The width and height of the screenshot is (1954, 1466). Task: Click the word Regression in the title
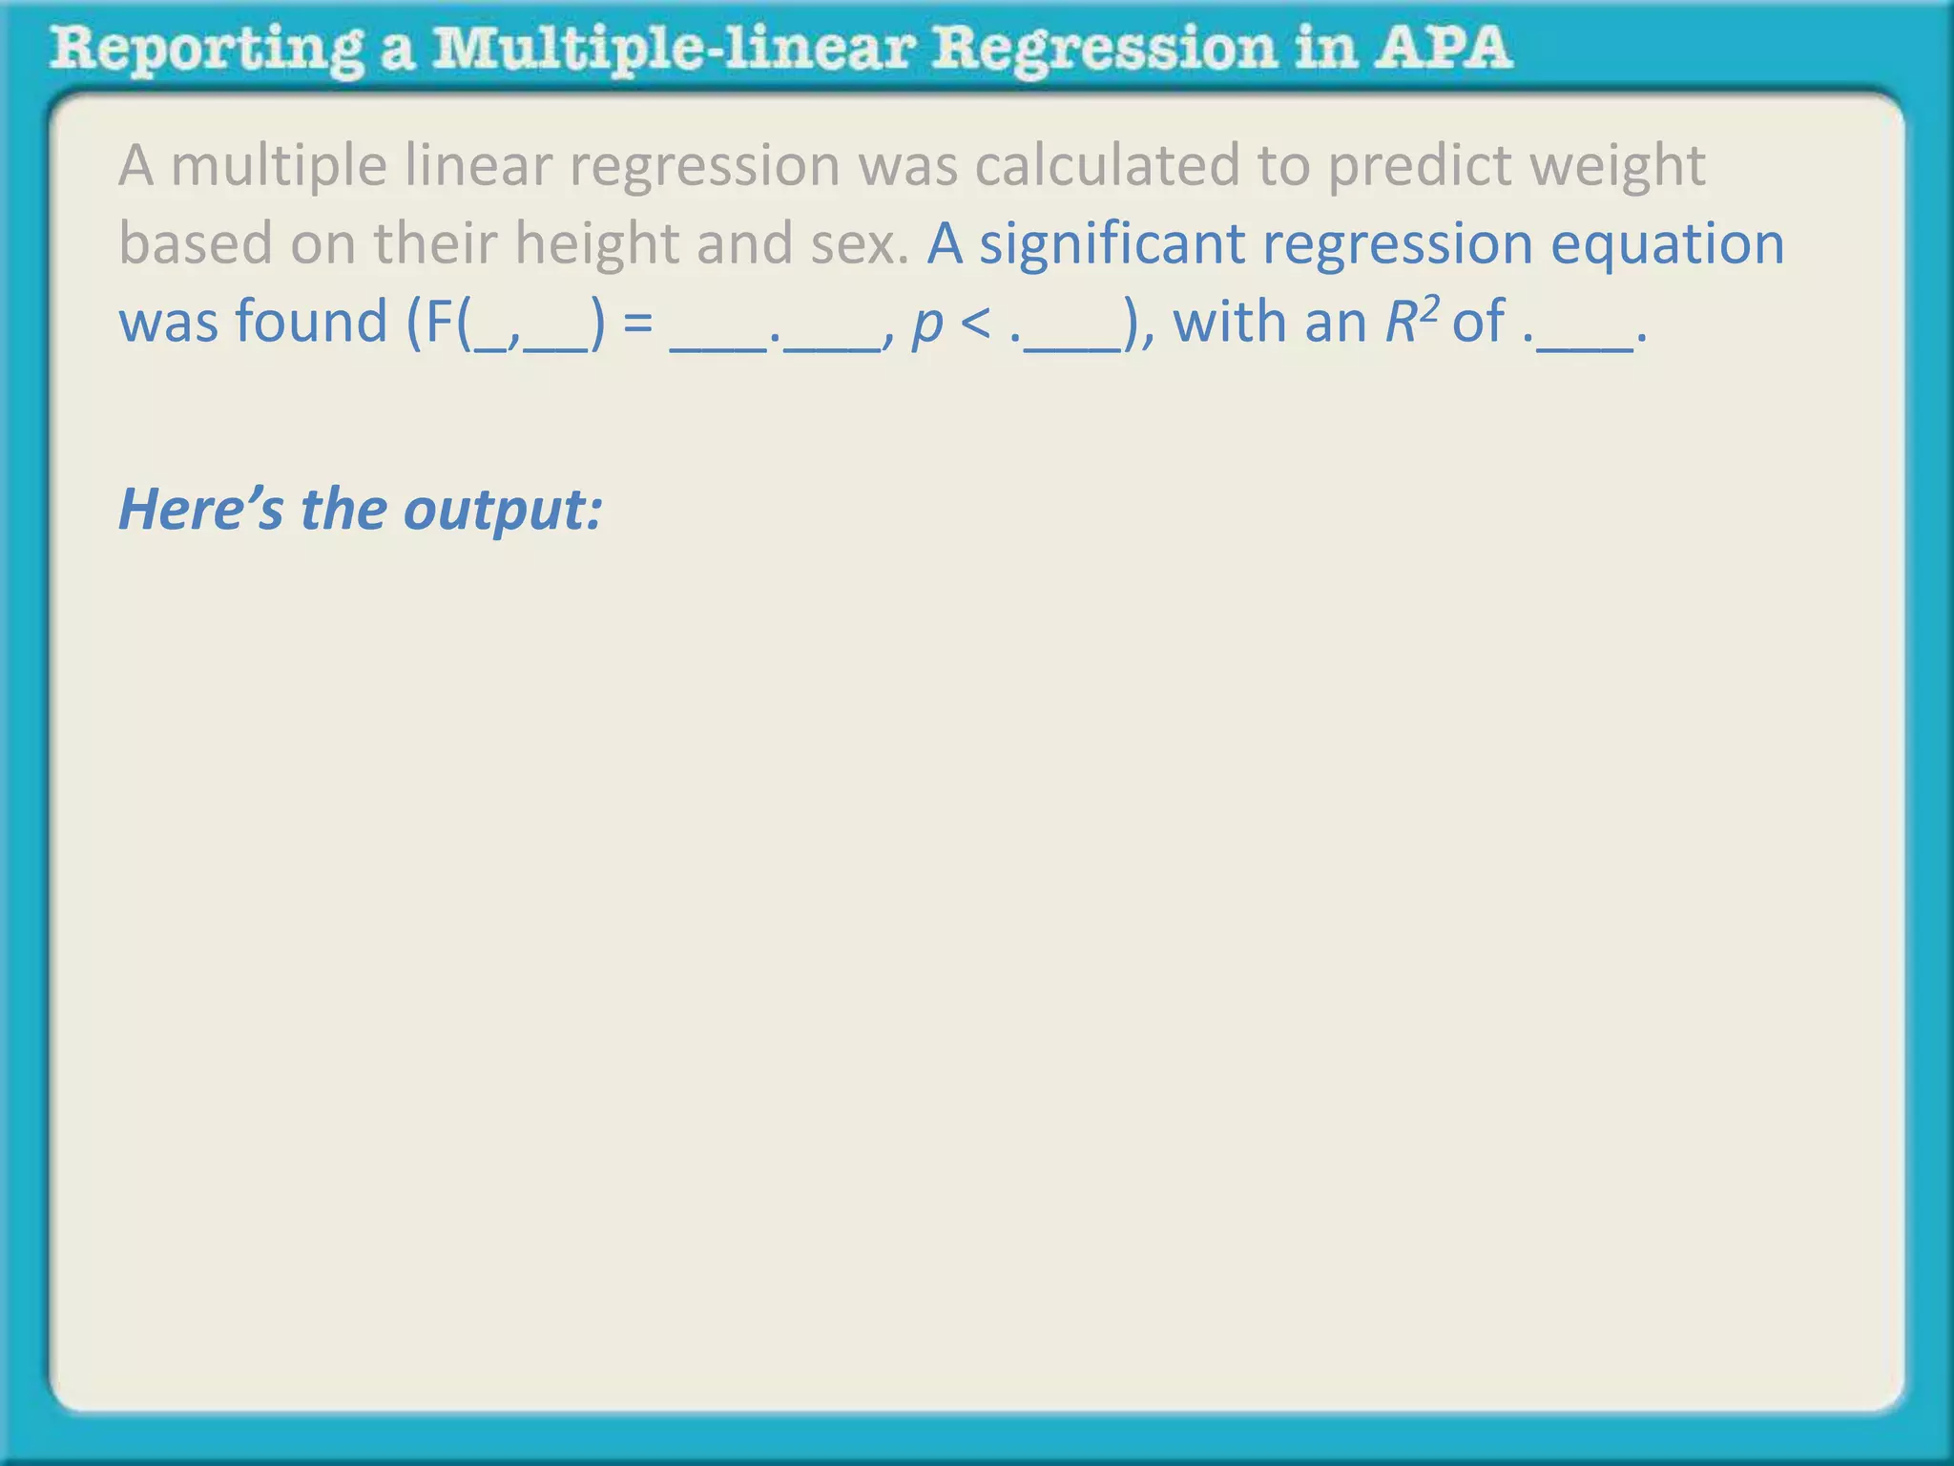click(x=1103, y=50)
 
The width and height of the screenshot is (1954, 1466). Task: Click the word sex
click(x=859, y=243)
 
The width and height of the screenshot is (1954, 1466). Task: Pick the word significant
click(x=1112, y=243)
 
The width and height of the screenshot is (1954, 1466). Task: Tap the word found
click(x=311, y=322)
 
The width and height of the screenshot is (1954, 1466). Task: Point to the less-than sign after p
click(x=975, y=323)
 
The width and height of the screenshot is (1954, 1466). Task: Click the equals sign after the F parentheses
click(x=637, y=323)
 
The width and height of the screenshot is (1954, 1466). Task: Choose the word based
click(x=196, y=243)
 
